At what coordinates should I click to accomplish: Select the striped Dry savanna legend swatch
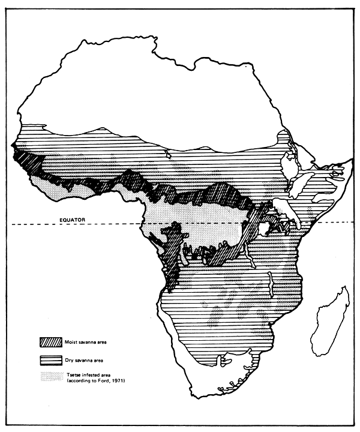[x=53, y=360]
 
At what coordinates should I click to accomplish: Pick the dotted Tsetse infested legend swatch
[x=53, y=377]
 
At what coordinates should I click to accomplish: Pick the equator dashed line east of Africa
[x=336, y=223]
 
